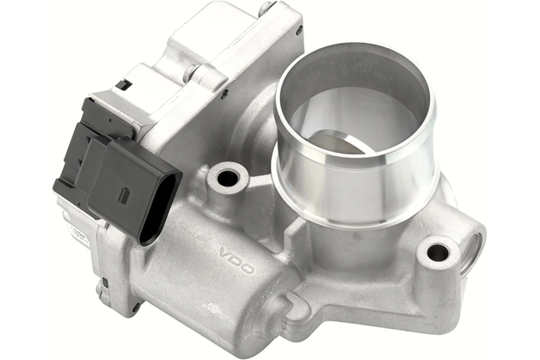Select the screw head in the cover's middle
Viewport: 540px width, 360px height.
point(193,70)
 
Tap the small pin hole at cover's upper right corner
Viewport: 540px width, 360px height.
point(299,32)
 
